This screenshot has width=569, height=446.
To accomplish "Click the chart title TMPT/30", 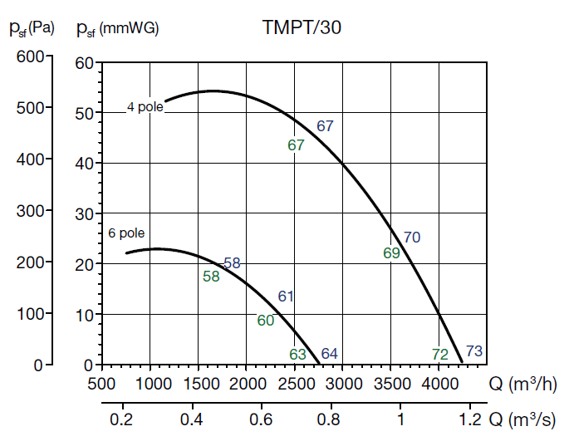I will pyautogui.click(x=302, y=27).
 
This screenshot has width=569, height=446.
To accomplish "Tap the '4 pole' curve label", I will pyautogui.click(x=145, y=106).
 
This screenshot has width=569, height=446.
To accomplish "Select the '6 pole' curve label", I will pyautogui.click(x=126, y=233).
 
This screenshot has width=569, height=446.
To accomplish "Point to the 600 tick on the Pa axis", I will pyautogui.click(x=28, y=56).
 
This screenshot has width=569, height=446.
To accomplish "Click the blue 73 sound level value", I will pyautogui.click(x=473, y=351).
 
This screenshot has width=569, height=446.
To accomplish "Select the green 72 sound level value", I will pyautogui.click(x=440, y=355).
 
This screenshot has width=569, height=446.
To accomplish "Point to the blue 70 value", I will pyautogui.click(x=412, y=238).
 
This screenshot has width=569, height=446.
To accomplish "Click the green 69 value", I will pyautogui.click(x=392, y=253).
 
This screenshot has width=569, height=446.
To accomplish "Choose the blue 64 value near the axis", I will pyautogui.click(x=329, y=354).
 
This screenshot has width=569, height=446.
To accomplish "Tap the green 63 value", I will pyautogui.click(x=298, y=355).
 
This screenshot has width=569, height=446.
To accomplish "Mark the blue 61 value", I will pyautogui.click(x=287, y=297).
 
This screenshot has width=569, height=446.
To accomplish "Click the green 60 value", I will pyautogui.click(x=266, y=321).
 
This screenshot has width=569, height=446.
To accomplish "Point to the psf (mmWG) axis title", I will pyautogui.click(x=117, y=29).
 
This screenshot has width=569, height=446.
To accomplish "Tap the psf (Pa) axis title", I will pyautogui.click(x=32, y=29).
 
